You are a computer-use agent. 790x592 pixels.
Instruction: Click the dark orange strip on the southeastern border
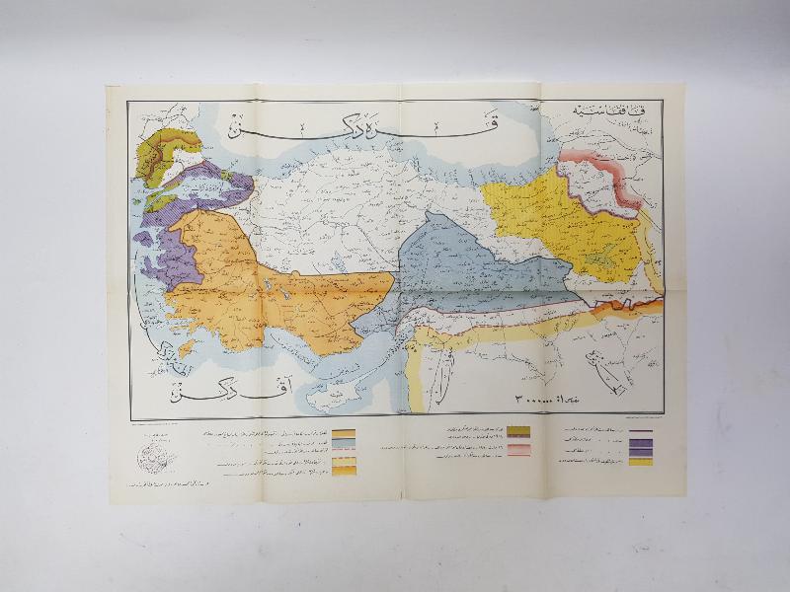[632, 306]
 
